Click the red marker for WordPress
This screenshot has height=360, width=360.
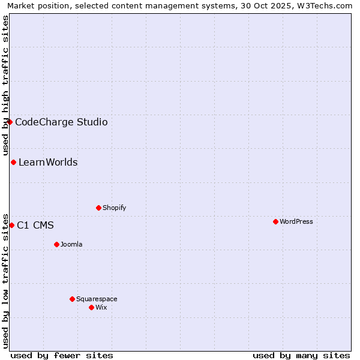(x=275, y=221)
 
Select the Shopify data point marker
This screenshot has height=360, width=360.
(x=98, y=208)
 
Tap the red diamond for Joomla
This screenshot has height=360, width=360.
(x=56, y=244)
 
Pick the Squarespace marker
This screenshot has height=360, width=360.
(x=72, y=299)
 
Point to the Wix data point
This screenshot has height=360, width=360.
(x=91, y=307)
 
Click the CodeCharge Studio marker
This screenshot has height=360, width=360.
(x=10, y=122)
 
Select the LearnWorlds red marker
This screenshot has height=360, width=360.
(x=13, y=162)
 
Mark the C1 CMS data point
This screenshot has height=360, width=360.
(x=11, y=225)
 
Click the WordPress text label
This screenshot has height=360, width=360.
(x=296, y=221)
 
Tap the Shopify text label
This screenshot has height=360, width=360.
(x=115, y=208)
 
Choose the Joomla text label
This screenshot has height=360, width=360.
(x=71, y=244)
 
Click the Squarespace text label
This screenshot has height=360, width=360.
(x=97, y=299)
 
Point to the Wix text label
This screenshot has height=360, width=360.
(x=101, y=307)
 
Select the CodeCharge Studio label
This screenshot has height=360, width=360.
(x=61, y=122)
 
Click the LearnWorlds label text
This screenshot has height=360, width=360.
(x=48, y=163)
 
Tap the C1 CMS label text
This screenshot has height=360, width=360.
(x=35, y=226)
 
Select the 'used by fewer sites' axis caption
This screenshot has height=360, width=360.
(x=62, y=355)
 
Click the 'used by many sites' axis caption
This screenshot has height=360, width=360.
(x=301, y=355)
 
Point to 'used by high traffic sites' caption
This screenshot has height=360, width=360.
(x=5, y=85)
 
